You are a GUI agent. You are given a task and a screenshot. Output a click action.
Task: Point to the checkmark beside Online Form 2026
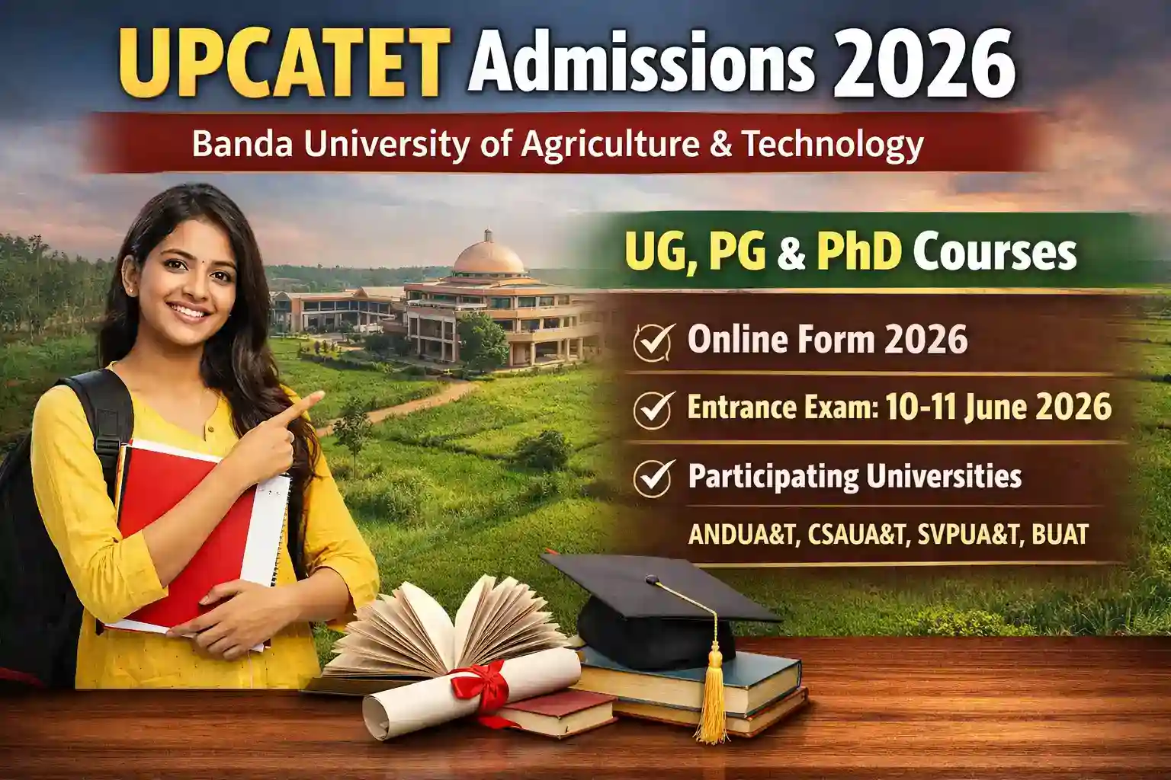click(653, 342)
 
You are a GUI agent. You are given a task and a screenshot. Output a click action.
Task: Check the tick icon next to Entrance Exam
click(653, 410)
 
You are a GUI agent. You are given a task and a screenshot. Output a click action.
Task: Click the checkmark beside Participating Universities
click(653, 478)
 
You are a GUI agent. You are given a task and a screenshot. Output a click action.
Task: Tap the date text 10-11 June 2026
click(998, 408)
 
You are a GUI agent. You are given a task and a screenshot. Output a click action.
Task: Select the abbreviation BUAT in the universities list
click(1060, 535)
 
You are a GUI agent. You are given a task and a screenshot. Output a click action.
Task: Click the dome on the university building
click(489, 255)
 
